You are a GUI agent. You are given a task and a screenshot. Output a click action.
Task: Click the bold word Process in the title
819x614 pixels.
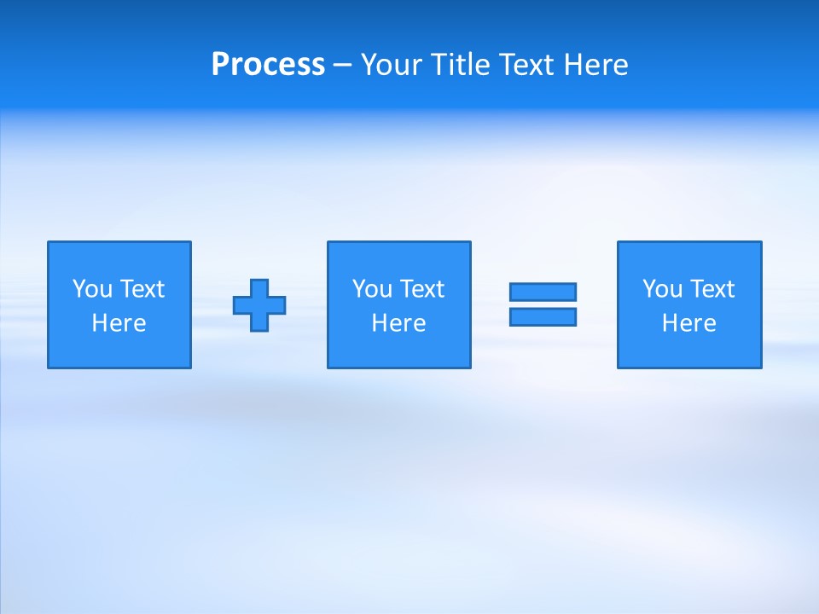[x=268, y=65]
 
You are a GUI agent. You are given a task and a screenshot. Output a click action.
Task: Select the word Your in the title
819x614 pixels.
[x=392, y=65]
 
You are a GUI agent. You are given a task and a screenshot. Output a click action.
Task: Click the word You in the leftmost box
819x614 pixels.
[x=92, y=289]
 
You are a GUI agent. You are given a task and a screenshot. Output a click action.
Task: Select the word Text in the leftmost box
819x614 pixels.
[x=141, y=289]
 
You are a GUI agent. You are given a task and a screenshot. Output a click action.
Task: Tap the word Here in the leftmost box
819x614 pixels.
[x=119, y=323]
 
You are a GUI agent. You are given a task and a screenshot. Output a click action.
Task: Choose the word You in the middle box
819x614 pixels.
[x=372, y=289]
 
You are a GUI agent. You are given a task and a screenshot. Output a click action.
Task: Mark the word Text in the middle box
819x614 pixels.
[x=421, y=289]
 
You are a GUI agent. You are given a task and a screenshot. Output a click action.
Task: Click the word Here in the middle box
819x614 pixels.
[x=398, y=323]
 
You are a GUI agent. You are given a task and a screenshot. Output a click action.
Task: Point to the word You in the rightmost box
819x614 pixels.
[x=662, y=289]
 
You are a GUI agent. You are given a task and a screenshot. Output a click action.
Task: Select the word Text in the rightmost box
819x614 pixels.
[x=711, y=289]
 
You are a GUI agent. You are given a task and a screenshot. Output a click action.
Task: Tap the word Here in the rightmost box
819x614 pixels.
[x=688, y=323]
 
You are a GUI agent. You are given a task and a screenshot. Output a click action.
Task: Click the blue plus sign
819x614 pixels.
[x=259, y=305]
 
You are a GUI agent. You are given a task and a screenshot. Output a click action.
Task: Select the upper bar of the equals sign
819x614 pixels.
[x=543, y=292]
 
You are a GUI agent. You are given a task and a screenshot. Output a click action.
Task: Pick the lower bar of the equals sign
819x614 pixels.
[x=543, y=316]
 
